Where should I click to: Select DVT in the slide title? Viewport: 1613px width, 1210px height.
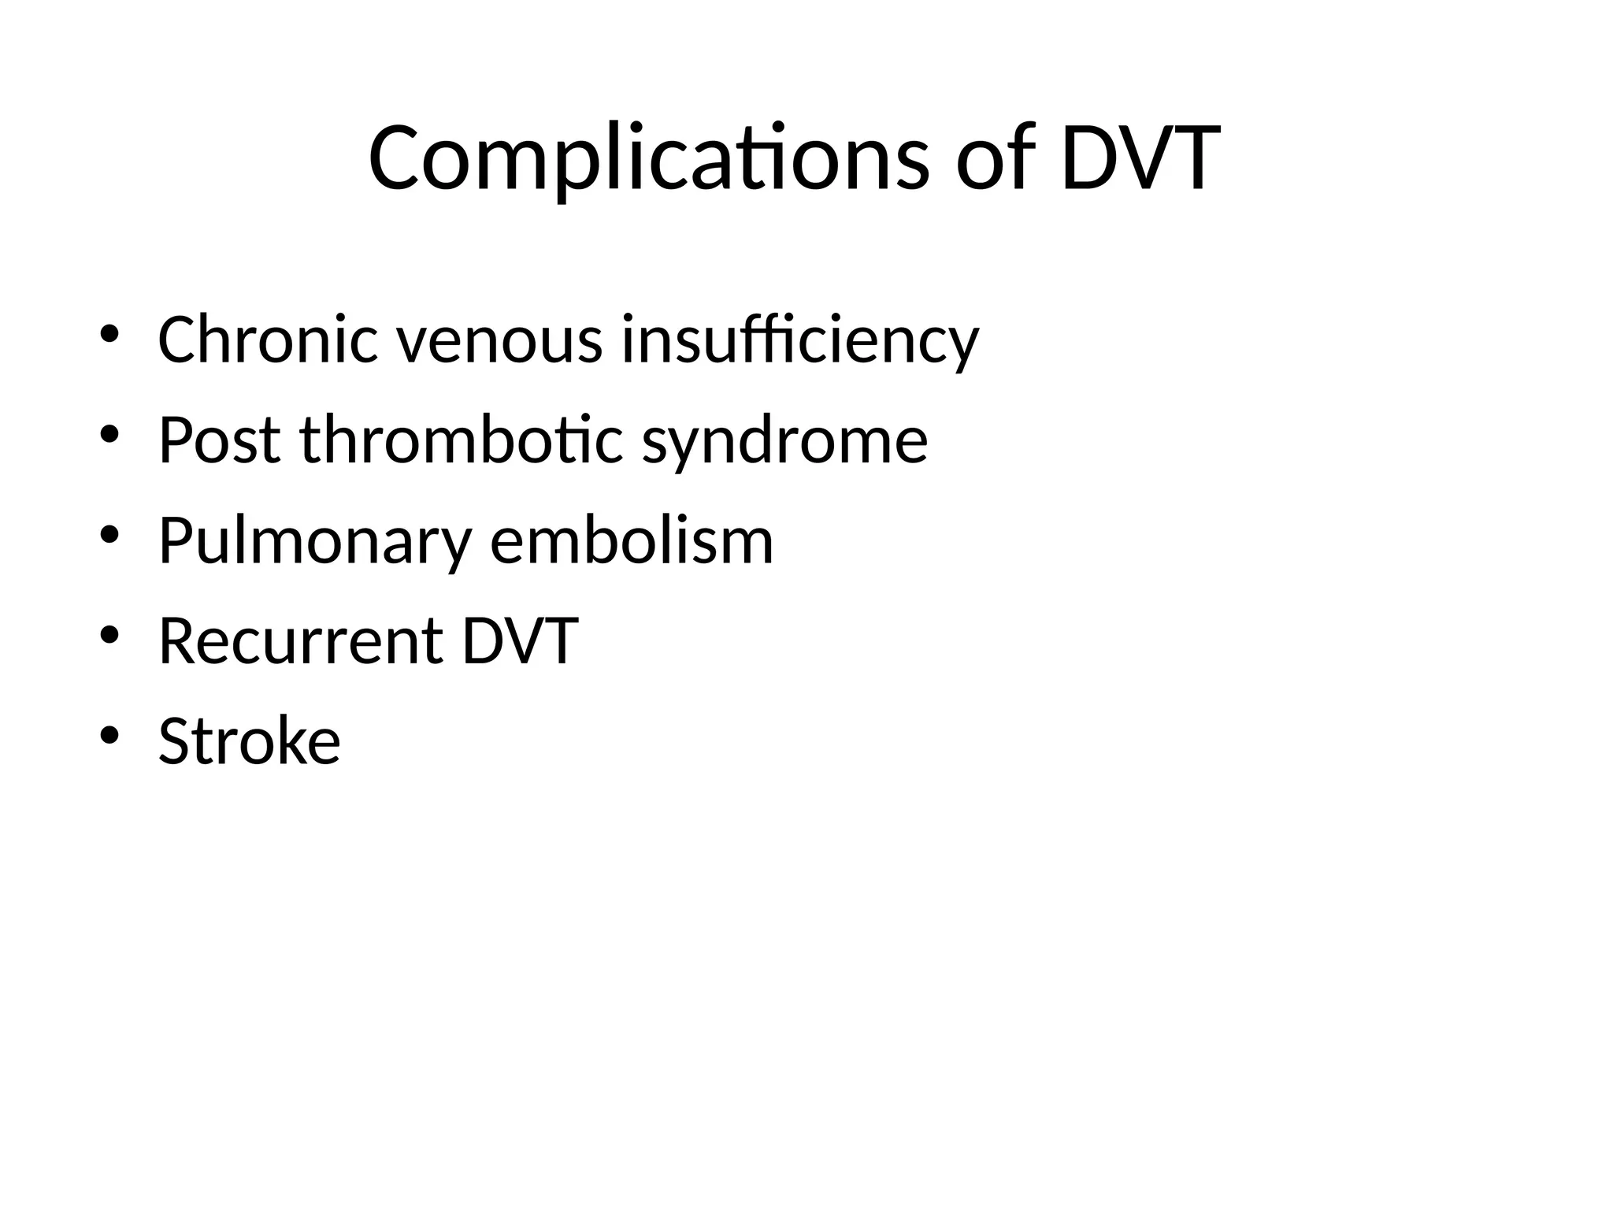click(x=1140, y=159)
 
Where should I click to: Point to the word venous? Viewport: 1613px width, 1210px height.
click(x=499, y=340)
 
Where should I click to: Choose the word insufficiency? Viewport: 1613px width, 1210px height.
click(x=799, y=340)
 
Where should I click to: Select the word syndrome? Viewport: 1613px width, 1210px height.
click(x=784, y=441)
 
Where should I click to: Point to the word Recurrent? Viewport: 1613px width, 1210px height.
click(x=301, y=641)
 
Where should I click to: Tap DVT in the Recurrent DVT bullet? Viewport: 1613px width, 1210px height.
click(x=520, y=641)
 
